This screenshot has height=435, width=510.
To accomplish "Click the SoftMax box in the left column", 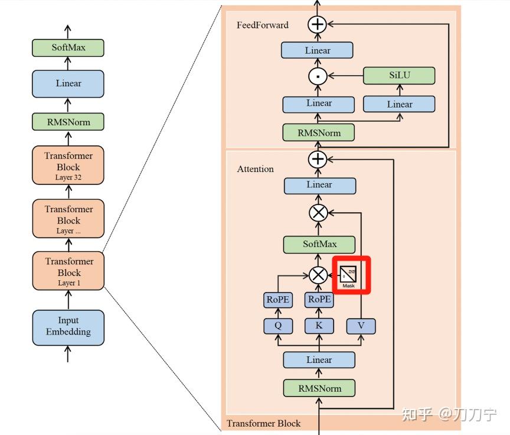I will click(x=68, y=47).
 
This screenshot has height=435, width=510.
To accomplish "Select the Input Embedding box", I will click(x=68, y=327).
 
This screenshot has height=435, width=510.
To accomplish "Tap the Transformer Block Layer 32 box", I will click(x=68, y=165).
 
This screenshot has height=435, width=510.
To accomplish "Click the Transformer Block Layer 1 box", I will click(x=68, y=271).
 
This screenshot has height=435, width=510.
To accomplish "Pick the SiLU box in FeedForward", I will click(x=398, y=76).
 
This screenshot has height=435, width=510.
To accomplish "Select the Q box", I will click(x=277, y=326).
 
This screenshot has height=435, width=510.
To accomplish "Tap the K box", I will click(x=319, y=326).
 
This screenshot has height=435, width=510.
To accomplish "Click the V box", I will click(x=360, y=326).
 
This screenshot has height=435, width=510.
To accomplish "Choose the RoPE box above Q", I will click(x=277, y=300).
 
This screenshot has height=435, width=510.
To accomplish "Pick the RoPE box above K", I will click(x=319, y=300).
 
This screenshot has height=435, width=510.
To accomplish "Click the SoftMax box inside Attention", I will click(x=319, y=244).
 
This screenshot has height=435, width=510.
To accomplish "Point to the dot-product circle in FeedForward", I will click(x=318, y=76).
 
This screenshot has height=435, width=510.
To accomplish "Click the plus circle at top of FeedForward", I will click(x=318, y=24).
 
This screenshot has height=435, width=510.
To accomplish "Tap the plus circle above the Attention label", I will click(x=318, y=159).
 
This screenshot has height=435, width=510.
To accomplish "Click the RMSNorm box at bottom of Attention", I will click(x=319, y=388).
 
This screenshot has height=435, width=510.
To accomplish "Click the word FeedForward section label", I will click(x=263, y=25).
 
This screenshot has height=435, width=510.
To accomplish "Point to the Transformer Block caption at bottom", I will click(x=263, y=423).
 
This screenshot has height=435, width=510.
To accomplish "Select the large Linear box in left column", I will click(x=68, y=83).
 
